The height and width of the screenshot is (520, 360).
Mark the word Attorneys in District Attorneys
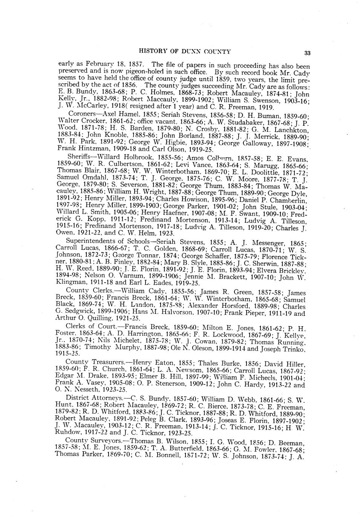point(107,398)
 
